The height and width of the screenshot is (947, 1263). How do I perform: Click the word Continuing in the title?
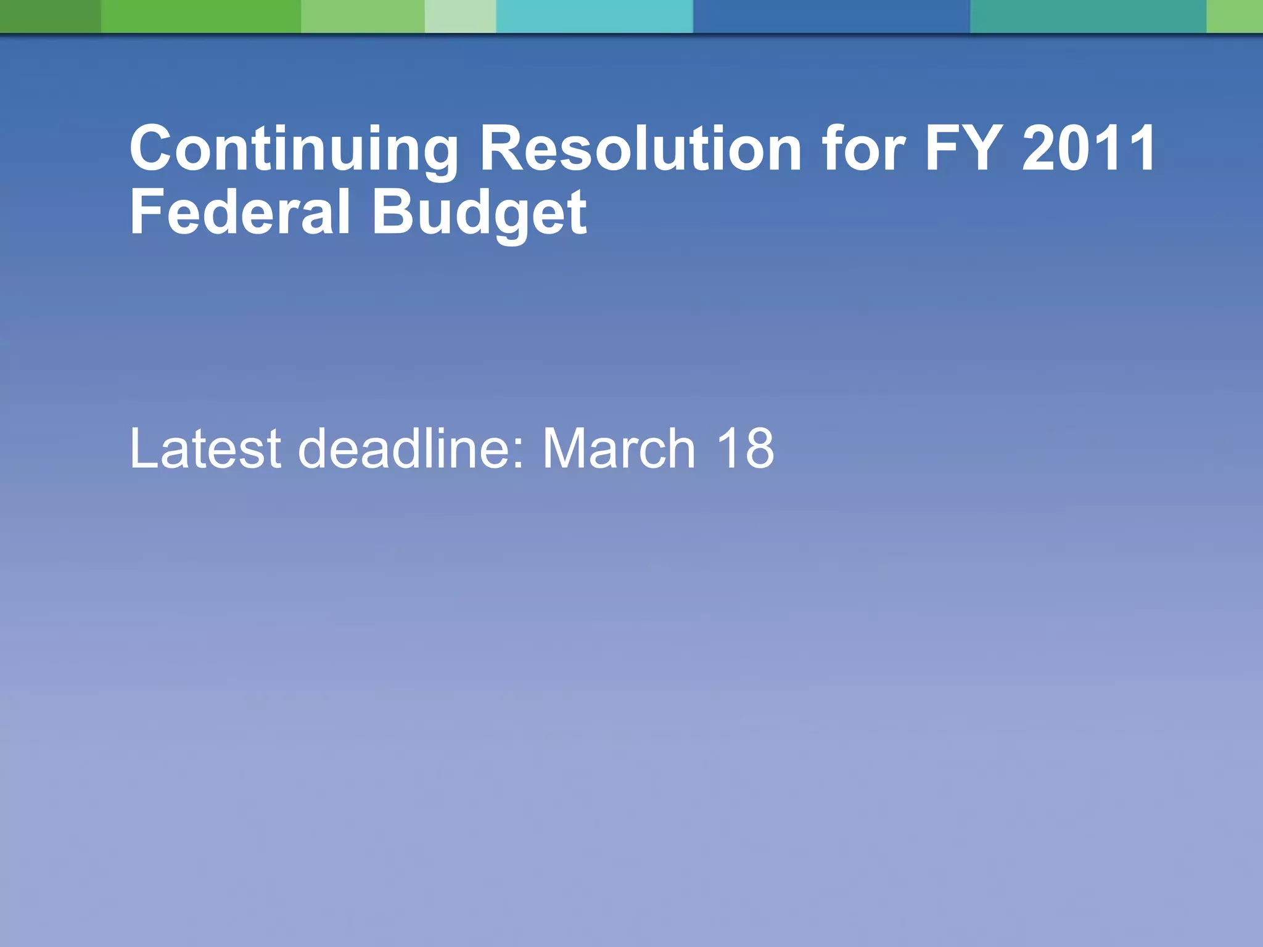click(x=294, y=150)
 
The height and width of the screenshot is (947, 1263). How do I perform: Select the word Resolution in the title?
click(x=640, y=149)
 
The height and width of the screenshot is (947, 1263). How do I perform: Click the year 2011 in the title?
click(x=1088, y=149)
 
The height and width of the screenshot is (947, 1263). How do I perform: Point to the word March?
click(x=619, y=448)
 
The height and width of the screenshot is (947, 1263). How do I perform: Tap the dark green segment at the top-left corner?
click(x=50, y=16)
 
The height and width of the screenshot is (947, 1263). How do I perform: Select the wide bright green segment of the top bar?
click(x=201, y=16)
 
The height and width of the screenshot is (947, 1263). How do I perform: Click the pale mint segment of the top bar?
click(x=460, y=16)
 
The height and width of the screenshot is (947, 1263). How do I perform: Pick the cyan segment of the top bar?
click(x=594, y=16)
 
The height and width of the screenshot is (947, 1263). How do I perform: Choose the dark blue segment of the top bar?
click(x=831, y=16)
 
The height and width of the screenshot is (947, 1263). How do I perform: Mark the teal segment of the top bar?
click(x=1088, y=16)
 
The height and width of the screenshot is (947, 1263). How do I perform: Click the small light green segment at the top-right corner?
click(x=1235, y=16)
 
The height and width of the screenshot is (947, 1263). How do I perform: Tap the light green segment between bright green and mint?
click(x=363, y=16)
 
